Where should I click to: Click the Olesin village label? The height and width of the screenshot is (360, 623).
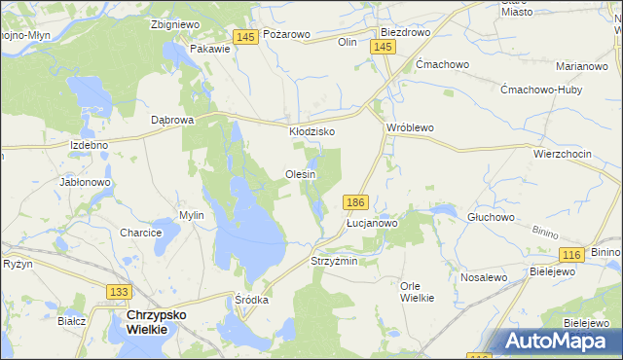(x=301, y=174)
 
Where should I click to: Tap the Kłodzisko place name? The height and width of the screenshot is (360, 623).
(x=312, y=130)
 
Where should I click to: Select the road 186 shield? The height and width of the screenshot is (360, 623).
(x=355, y=201)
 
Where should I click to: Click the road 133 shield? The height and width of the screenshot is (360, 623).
(x=119, y=291)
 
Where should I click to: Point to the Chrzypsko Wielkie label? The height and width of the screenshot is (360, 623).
(x=148, y=323)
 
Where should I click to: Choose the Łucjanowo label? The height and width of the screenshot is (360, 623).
(x=373, y=223)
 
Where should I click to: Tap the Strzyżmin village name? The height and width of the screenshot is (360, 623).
(x=334, y=261)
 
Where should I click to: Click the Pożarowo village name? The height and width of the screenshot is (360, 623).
(x=286, y=34)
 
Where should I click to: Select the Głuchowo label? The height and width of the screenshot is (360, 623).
(x=491, y=217)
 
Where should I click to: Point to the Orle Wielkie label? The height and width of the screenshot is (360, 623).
(x=417, y=291)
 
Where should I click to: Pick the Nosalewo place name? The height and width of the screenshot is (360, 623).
(x=485, y=277)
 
